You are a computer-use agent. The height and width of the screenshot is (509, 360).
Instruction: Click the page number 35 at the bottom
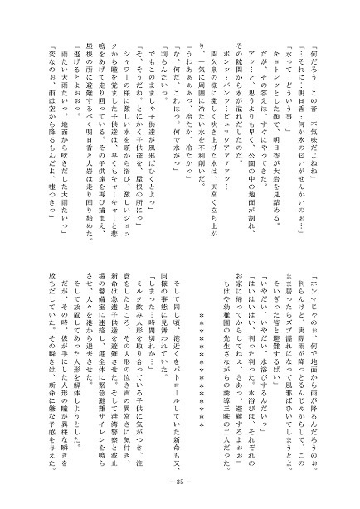[x=180, y=482]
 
